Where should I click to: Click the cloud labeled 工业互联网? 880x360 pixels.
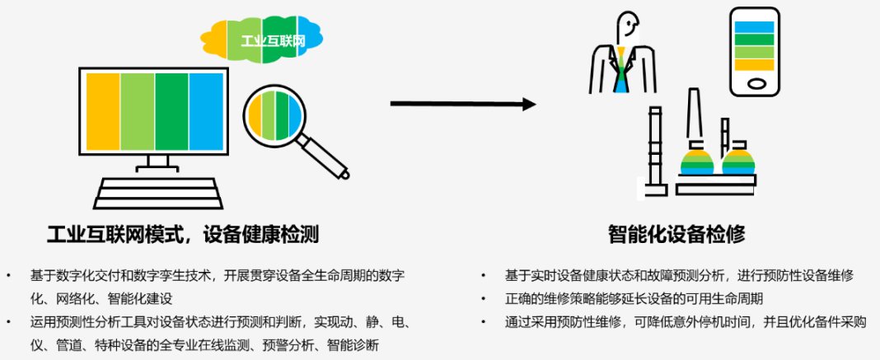[261, 40]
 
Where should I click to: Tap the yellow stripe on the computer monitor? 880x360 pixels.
[103, 111]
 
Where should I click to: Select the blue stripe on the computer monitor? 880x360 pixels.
[206, 111]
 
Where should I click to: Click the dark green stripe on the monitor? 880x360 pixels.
[171, 111]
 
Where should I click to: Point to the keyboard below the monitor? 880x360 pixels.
[157, 193]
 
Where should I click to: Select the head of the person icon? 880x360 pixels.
[627, 28]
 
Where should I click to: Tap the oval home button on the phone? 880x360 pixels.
[755, 83]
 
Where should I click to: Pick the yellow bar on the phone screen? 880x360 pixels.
[754, 64]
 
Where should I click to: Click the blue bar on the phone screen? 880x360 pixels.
[754, 27]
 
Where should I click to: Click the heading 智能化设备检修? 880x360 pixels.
[676, 235]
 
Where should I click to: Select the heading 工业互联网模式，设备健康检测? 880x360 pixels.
[183, 235]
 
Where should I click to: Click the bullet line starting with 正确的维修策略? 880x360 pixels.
[634, 298]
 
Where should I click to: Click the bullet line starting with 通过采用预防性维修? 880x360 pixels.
[686, 322]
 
